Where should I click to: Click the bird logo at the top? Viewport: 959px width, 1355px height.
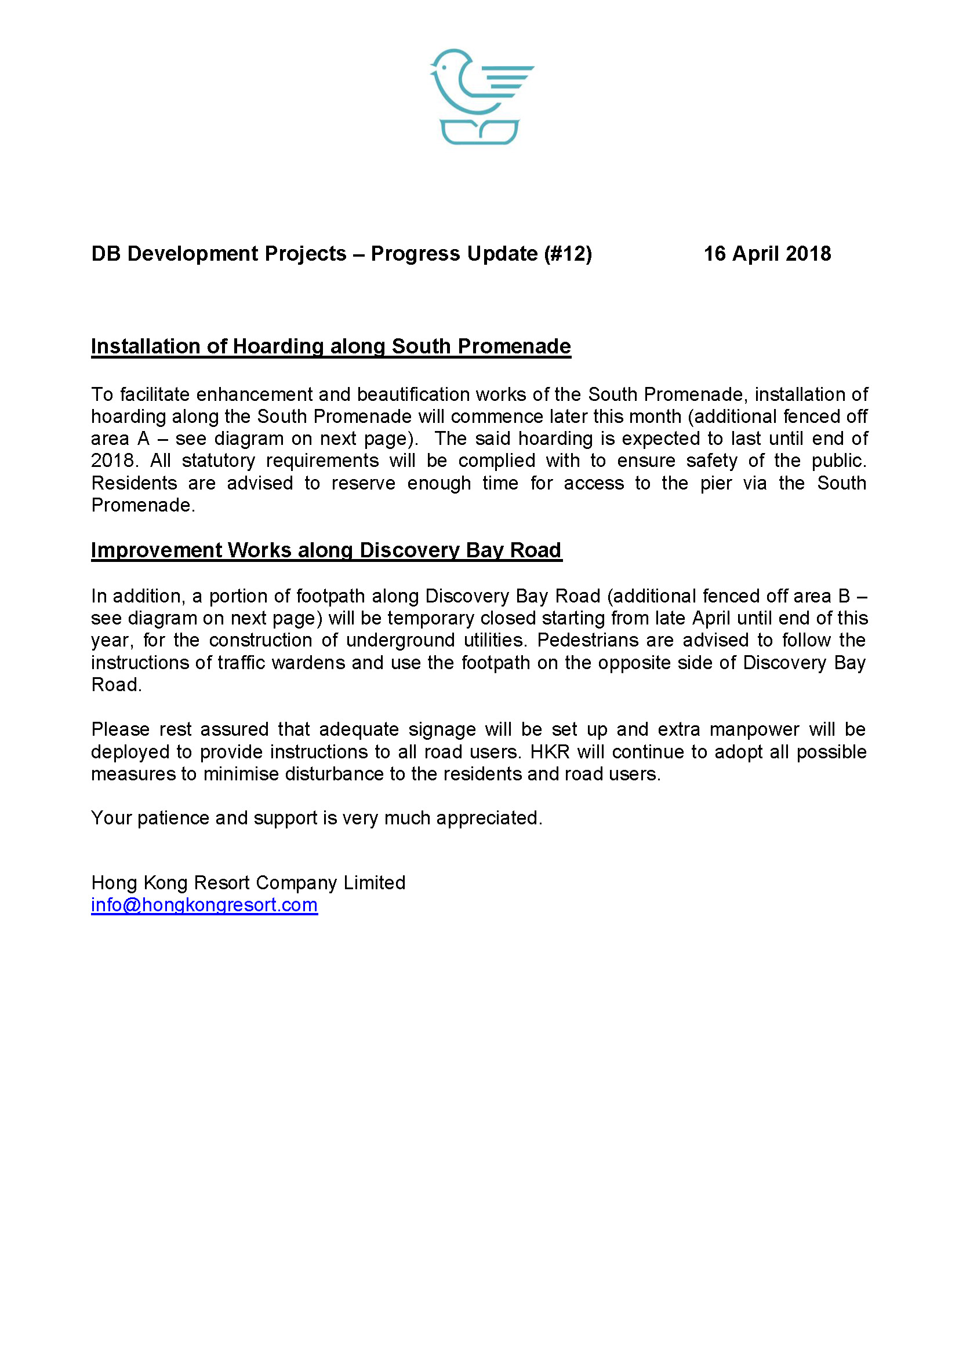point(479,96)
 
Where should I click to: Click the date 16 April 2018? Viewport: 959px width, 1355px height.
point(767,254)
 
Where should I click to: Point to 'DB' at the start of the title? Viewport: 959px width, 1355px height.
point(106,254)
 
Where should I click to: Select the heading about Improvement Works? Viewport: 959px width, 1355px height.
point(326,550)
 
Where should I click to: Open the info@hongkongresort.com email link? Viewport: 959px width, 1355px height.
point(204,905)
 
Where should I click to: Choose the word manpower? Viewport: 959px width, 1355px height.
point(753,729)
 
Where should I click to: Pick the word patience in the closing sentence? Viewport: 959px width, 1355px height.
point(173,818)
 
